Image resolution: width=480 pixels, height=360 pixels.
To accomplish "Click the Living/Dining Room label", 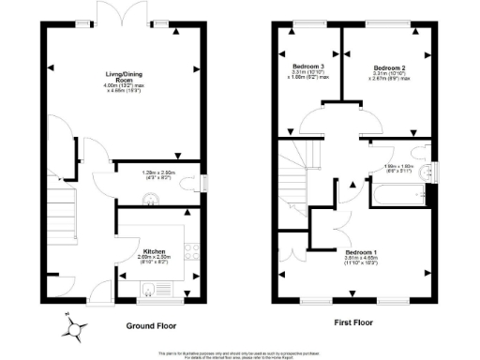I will pyautogui.click(x=121, y=75).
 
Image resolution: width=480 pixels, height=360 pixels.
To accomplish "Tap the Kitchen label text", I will pyautogui.click(x=155, y=251).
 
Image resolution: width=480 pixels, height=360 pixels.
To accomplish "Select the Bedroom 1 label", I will pyautogui.click(x=359, y=253).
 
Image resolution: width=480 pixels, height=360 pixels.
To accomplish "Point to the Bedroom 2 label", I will pyautogui.click(x=388, y=67).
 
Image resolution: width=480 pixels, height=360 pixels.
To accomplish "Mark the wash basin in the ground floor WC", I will pyautogui.click(x=148, y=197).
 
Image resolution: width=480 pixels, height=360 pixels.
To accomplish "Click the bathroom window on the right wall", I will pyautogui.click(x=432, y=171).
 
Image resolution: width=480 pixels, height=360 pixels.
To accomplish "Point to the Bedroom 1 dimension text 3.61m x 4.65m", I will pyautogui.click(x=359, y=264).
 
